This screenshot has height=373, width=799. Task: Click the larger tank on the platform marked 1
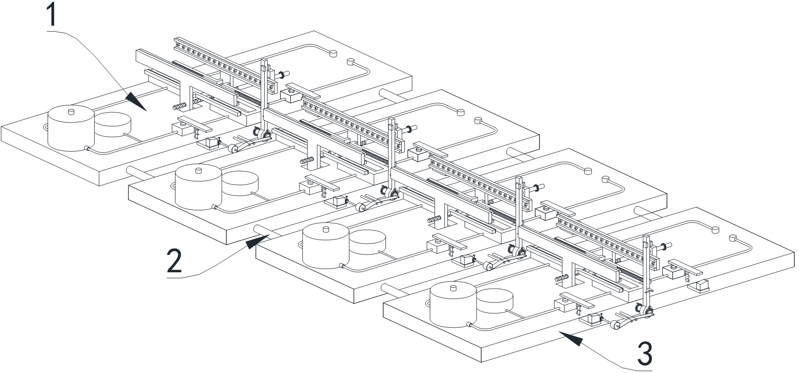[71, 129]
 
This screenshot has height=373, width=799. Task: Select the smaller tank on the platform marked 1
[113, 124]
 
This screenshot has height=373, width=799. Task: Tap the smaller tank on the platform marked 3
[495, 300]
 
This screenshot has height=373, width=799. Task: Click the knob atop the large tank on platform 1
[71, 111]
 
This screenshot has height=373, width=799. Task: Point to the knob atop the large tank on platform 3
[453, 287]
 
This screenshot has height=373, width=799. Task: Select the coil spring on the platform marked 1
[179, 106]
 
